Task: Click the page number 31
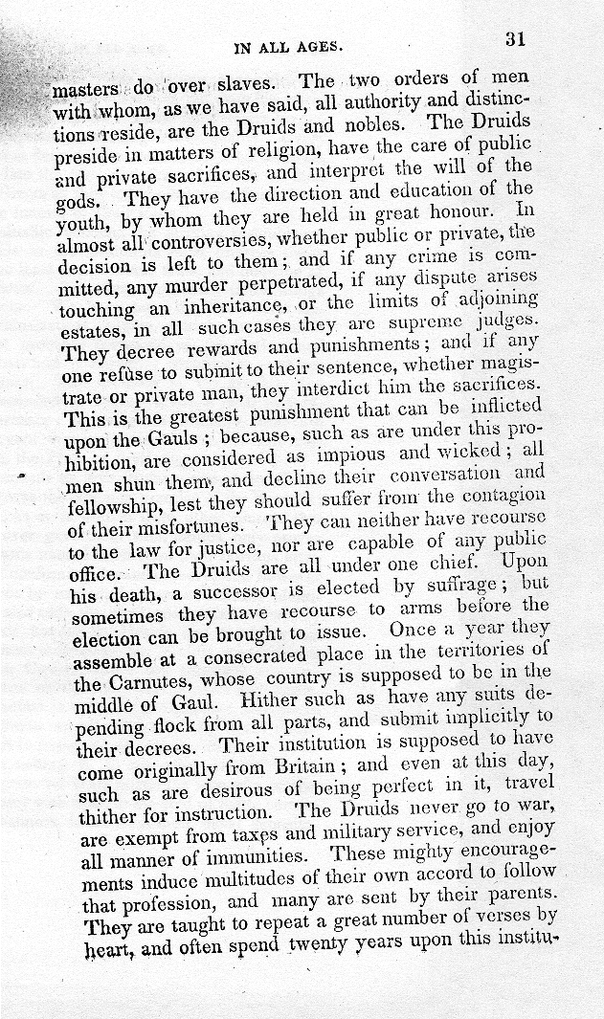click(x=516, y=39)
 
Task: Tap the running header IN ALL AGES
click(x=289, y=45)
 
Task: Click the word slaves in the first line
click(x=245, y=87)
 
